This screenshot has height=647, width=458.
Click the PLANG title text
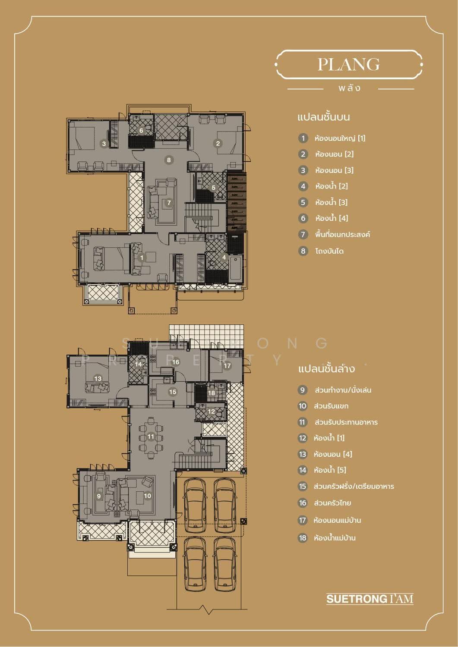(x=349, y=64)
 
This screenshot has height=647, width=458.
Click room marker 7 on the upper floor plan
(x=169, y=203)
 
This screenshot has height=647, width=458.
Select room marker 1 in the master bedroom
(x=142, y=258)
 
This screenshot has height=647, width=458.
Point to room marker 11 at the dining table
(x=151, y=437)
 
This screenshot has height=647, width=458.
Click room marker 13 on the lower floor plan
(x=98, y=379)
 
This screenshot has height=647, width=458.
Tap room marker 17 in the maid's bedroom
(x=227, y=366)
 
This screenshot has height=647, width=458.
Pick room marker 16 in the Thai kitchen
(x=176, y=362)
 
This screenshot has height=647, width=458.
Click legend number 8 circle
(x=303, y=251)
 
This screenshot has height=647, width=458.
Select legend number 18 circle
(x=303, y=538)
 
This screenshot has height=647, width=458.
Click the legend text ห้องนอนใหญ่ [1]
(x=340, y=138)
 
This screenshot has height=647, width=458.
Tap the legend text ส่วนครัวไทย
(x=332, y=503)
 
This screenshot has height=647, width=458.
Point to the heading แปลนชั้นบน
(x=324, y=117)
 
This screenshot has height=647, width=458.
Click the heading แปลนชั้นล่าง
(x=326, y=369)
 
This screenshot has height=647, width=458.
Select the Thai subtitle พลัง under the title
(x=350, y=88)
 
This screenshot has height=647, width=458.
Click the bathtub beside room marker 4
(x=235, y=268)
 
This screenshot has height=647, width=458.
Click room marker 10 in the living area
(x=148, y=496)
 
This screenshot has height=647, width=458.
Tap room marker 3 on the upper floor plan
(x=104, y=144)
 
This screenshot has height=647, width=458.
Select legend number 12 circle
(x=303, y=438)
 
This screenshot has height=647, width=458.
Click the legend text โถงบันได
(x=329, y=251)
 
